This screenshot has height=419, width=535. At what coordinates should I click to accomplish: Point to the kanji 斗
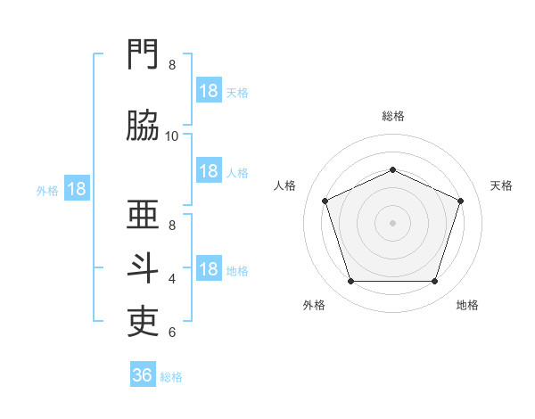[x=144, y=268]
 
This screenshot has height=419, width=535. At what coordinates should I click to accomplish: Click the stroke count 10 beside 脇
[x=172, y=136]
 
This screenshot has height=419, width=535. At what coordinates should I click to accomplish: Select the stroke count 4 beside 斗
[x=172, y=279]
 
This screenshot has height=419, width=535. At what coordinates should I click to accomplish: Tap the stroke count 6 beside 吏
[x=172, y=333]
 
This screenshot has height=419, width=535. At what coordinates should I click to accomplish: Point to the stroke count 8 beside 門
[x=172, y=64]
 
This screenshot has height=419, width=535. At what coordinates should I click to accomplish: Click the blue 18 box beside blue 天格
[x=209, y=91]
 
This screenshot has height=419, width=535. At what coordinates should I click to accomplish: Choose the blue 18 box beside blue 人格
[x=209, y=171]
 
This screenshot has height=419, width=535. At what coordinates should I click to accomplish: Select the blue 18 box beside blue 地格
[x=209, y=269]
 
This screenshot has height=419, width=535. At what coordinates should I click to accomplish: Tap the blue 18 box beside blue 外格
[x=77, y=189]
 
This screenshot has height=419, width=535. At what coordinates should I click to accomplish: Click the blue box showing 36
[x=143, y=375]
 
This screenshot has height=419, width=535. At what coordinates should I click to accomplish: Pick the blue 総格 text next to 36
[x=172, y=377]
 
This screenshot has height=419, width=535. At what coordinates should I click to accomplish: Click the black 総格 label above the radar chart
[x=393, y=116]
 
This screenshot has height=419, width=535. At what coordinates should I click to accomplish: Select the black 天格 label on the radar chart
[x=502, y=185]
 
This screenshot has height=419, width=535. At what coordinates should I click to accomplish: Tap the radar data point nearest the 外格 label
[x=350, y=282]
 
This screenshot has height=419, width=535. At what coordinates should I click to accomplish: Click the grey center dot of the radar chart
[x=393, y=223]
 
